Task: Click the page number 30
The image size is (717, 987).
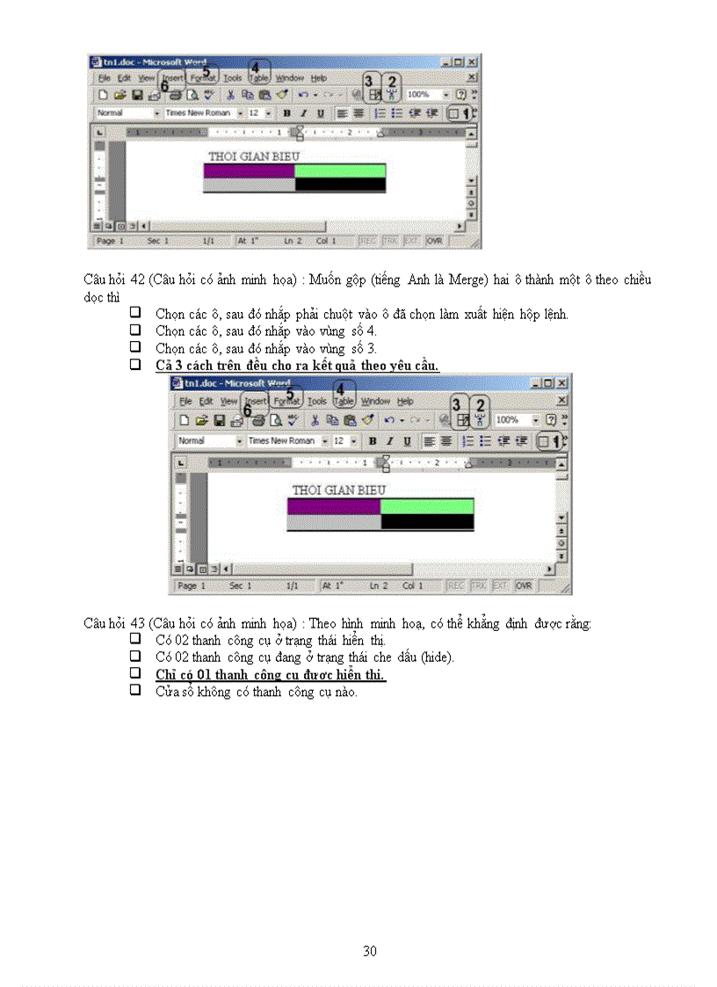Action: (x=370, y=951)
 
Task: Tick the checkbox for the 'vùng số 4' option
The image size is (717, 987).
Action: (x=136, y=330)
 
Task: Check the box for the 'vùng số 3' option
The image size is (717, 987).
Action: (x=136, y=347)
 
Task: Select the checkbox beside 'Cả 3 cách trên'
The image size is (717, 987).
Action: (x=136, y=364)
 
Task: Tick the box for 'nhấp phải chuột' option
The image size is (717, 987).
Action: (x=136, y=313)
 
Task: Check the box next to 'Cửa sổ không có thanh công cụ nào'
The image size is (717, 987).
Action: (x=136, y=690)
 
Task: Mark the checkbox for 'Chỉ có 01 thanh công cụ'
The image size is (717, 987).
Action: (x=136, y=673)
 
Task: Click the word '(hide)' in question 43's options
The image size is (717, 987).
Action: (x=437, y=657)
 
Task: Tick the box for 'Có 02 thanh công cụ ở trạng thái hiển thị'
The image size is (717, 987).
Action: (x=136, y=639)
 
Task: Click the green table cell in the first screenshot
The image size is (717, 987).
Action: (x=340, y=171)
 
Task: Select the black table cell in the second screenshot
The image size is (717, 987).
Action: (x=427, y=521)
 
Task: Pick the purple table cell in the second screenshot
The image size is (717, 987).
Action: (x=334, y=505)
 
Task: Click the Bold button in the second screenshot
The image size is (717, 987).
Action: (x=373, y=441)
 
